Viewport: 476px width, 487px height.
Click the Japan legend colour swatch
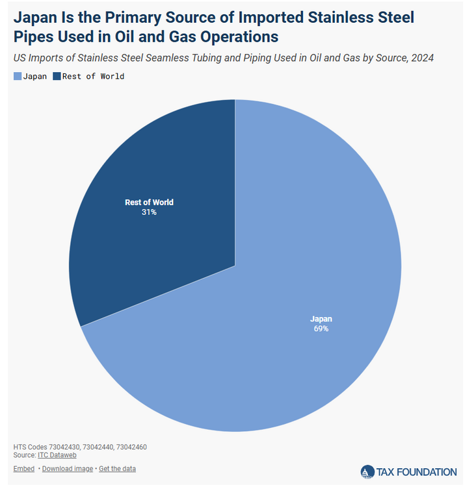(18, 77)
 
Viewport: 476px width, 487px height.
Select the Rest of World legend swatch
(57, 77)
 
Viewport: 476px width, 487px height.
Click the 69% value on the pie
(321, 329)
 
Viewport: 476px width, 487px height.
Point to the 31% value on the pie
(149, 212)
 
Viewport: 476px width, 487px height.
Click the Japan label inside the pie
(321, 319)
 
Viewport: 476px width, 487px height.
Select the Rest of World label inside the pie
(149, 202)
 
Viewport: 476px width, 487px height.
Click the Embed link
(24, 468)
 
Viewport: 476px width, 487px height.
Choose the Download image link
(68, 468)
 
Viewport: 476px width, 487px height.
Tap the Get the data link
(117, 468)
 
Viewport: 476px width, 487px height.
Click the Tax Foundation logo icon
(367, 472)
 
